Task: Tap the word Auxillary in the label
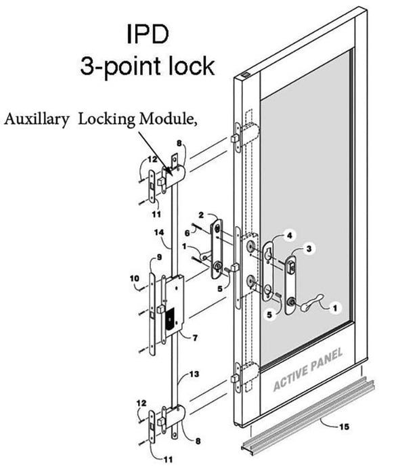click(39, 120)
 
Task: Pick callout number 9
click(158, 258)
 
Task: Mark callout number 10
click(134, 278)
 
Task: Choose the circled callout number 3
click(309, 250)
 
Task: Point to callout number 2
click(201, 215)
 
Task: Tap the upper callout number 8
click(179, 143)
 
